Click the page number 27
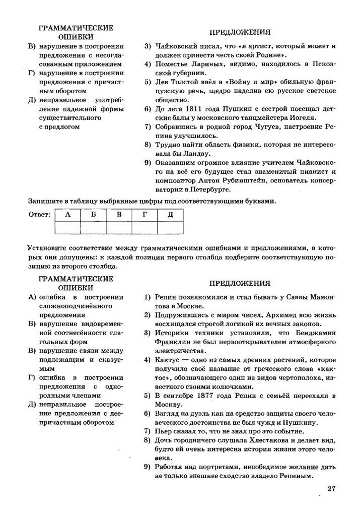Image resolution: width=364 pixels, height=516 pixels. pos(331,488)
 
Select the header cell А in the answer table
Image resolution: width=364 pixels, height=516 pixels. pos(67,215)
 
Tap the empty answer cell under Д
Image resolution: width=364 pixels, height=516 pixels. pos(170,228)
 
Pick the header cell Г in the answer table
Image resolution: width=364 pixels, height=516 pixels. pos(144,215)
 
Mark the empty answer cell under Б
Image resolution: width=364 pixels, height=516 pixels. pos(93,228)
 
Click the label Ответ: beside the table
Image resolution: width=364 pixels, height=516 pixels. pos(39,215)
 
